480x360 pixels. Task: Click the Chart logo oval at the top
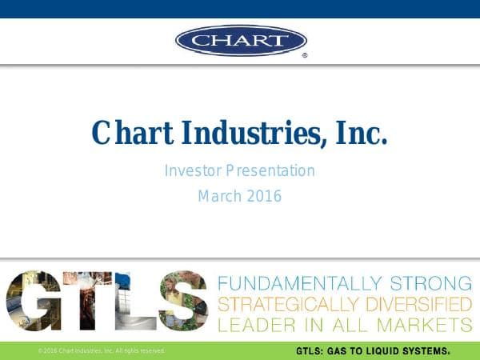point(241,39)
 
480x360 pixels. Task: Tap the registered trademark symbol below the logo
point(304,57)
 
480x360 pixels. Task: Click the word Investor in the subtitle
point(192,170)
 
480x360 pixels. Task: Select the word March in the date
point(219,195)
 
